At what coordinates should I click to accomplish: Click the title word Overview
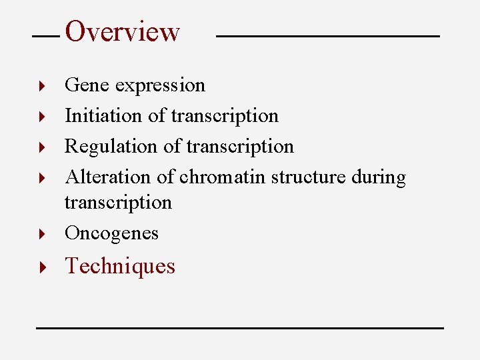tap(123, 31)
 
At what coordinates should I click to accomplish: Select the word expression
tap(160, 86)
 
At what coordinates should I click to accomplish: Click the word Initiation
tap(103, 115)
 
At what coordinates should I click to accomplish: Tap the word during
tap(379, 178)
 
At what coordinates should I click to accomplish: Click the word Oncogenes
tap(111, 233)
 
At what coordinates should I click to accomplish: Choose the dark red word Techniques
tap(120, 266)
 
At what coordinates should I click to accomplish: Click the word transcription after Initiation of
tap(225, 116)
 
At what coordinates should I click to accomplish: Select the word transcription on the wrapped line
tap(118, 203)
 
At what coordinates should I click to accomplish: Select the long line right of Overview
tap(328, 36)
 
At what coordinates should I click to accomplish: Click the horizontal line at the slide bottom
tap(239, 328)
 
